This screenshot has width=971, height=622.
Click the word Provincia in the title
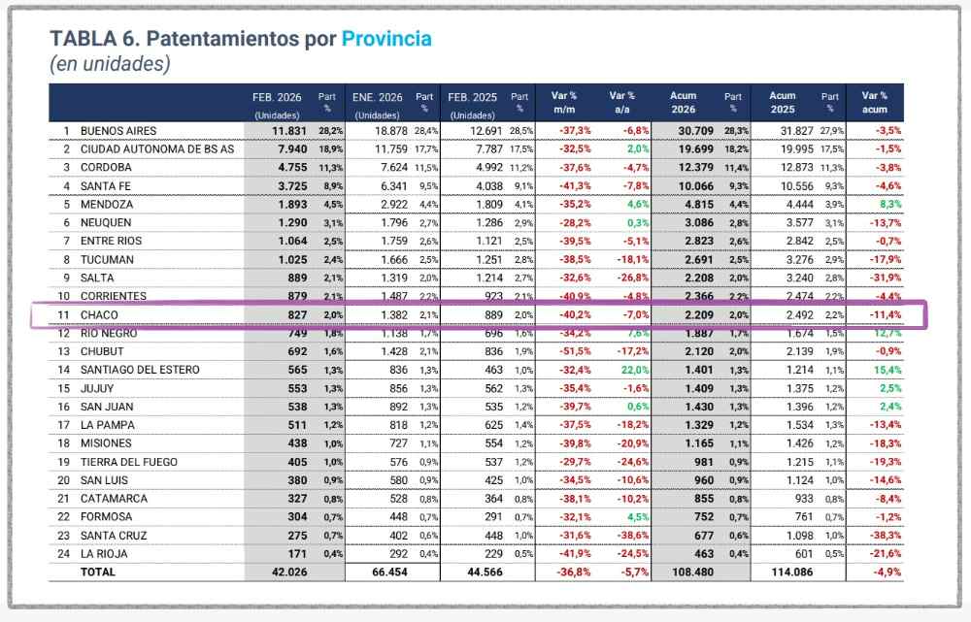(386, 39)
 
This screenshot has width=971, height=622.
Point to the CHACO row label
(100, 314)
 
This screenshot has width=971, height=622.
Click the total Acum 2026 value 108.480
(688, 573)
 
